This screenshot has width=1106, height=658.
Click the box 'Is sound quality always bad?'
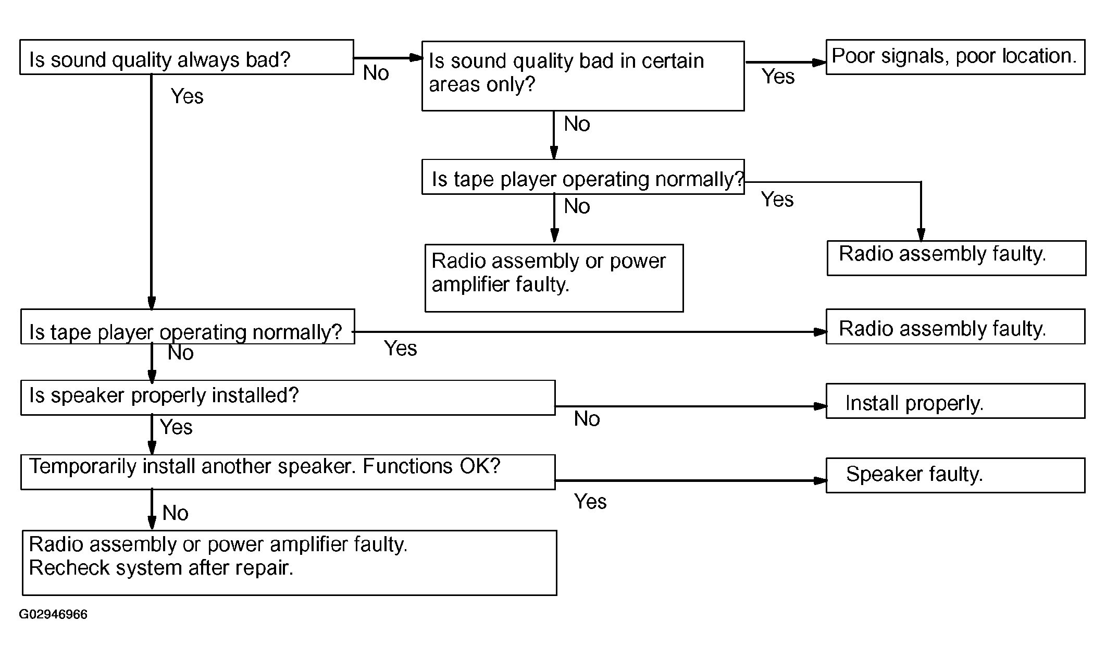pos(187,57)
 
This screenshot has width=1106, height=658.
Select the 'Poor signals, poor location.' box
pos(955,57)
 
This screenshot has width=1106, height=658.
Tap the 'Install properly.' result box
pos(955,401)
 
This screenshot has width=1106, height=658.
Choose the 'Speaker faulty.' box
pos(955,475)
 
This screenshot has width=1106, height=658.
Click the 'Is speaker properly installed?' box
pos(288,398)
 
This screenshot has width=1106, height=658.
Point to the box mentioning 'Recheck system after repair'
pos(290,563)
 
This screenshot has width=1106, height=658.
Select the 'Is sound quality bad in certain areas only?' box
pos(583,76)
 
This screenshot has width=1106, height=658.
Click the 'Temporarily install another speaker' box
pos(288,472)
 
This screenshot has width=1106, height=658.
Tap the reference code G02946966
pos(53,614)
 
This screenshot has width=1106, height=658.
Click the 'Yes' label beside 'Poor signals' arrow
pos(778,77)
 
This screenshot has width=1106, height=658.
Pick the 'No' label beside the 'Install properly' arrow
pos(587,419)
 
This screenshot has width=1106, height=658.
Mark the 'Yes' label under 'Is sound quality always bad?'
pos(187,96)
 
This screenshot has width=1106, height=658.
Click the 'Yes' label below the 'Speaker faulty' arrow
pos(590,502)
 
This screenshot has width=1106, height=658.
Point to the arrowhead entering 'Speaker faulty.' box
pos(821,480)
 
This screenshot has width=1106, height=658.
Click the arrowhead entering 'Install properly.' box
pos(821,406)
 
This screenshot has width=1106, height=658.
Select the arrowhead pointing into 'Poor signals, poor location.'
pos(821,63)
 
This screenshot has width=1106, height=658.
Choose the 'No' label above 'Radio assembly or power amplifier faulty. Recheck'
pos(175,513)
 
